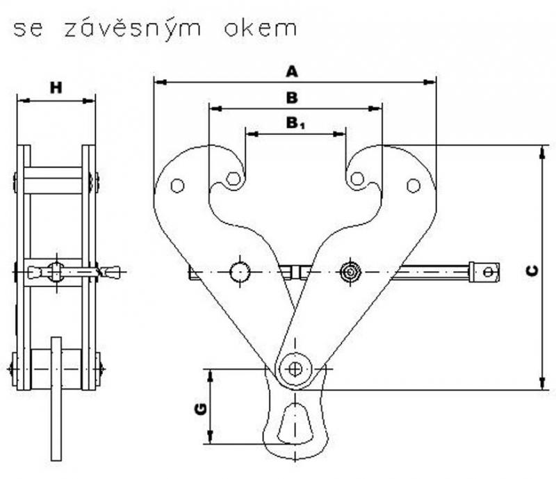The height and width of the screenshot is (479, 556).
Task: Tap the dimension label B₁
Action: [295, 124]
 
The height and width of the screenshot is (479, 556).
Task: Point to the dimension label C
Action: [530, 271]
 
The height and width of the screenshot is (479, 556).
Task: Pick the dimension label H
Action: [56, 88]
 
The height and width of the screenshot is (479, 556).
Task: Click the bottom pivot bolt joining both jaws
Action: [295, 368]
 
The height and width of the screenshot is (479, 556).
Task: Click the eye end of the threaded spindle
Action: [486, 271]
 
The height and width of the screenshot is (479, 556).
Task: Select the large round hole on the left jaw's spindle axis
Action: [240, 271]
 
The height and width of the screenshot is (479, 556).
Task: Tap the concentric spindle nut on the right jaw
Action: [350, 271]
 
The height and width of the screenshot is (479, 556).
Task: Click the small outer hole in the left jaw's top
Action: [177, 186]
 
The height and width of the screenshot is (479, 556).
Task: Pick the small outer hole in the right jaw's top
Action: [414, 186]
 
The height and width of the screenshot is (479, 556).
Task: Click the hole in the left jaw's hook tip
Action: [234, 179]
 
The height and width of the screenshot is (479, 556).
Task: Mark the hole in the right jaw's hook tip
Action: [357, 179]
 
